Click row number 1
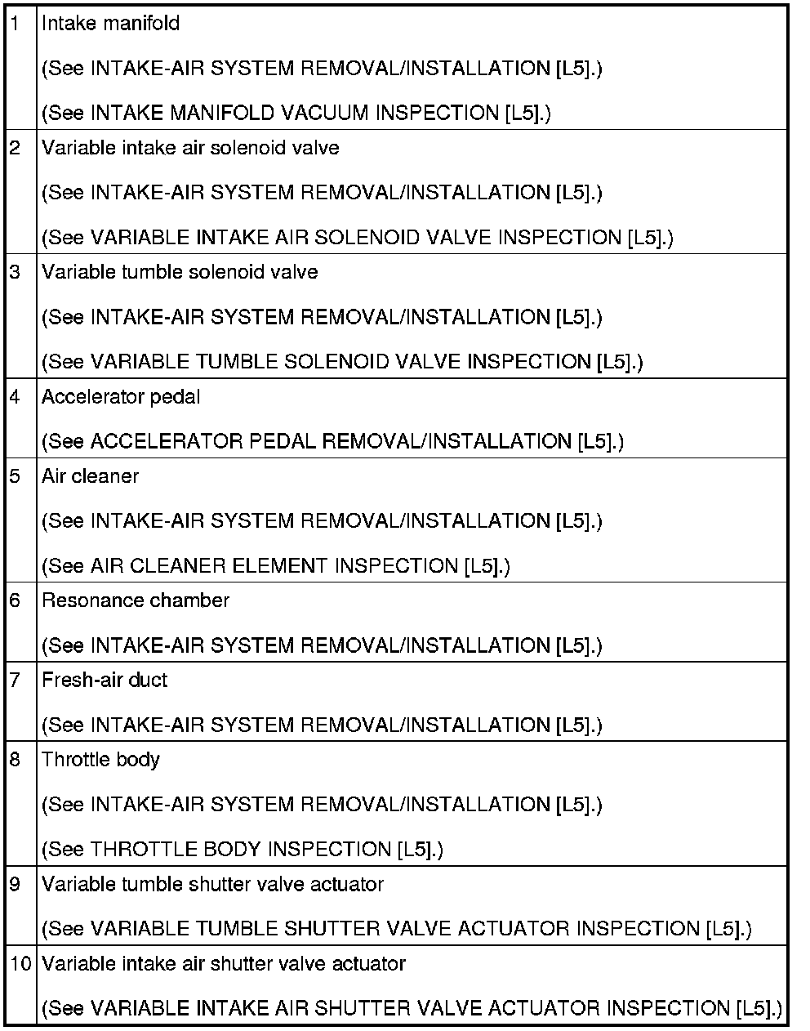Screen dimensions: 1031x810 click(x=16, y=24)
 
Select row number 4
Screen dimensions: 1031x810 click(x=16, y=397)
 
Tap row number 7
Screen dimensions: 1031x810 click(x=16, y=680)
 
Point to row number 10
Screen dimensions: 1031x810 click(x=20, y=964)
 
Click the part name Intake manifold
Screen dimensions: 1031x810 click(x=110, y=24)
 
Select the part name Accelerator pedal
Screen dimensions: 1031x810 click(x=121, y=397)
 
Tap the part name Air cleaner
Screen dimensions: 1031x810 click(x=90, y=476)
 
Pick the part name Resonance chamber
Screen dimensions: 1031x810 click(x=136, y=600)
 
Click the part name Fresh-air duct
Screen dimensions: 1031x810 click(x=105, y=680)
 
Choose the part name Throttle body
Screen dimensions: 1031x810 click(x=100, y=760)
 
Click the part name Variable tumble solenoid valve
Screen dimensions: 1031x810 click(x=180, y=272)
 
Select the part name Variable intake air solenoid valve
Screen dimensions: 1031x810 click(x=190, y=148)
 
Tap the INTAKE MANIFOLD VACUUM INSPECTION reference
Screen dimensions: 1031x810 click(x=296, y=114)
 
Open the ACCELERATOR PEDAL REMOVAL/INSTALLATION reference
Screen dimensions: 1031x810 click(x=332, y=442)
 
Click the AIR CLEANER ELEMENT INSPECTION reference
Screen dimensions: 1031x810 click(x=275, y=566)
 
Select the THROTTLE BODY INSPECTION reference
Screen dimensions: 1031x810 click(x=242, y=850)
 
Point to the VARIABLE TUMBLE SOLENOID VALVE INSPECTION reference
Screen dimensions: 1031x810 click(x=341, y=362)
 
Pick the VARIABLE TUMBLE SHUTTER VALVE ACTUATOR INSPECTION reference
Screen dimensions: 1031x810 click(x=396, y=929)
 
